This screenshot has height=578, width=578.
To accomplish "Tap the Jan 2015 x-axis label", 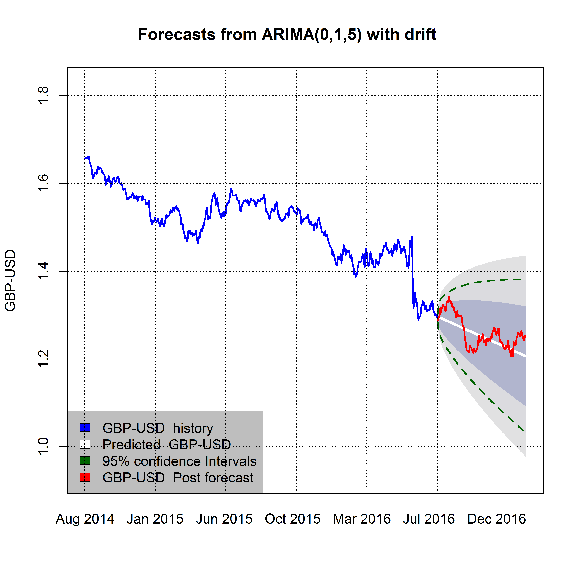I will [x=155, y=519].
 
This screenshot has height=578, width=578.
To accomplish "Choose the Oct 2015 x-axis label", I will [x=293, y=519].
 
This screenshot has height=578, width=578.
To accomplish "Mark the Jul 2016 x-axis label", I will [x=429, y=519].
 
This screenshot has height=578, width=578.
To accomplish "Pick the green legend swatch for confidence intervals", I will [x=85, y=461].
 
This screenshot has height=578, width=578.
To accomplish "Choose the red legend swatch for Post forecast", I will [x=85, y=477].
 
